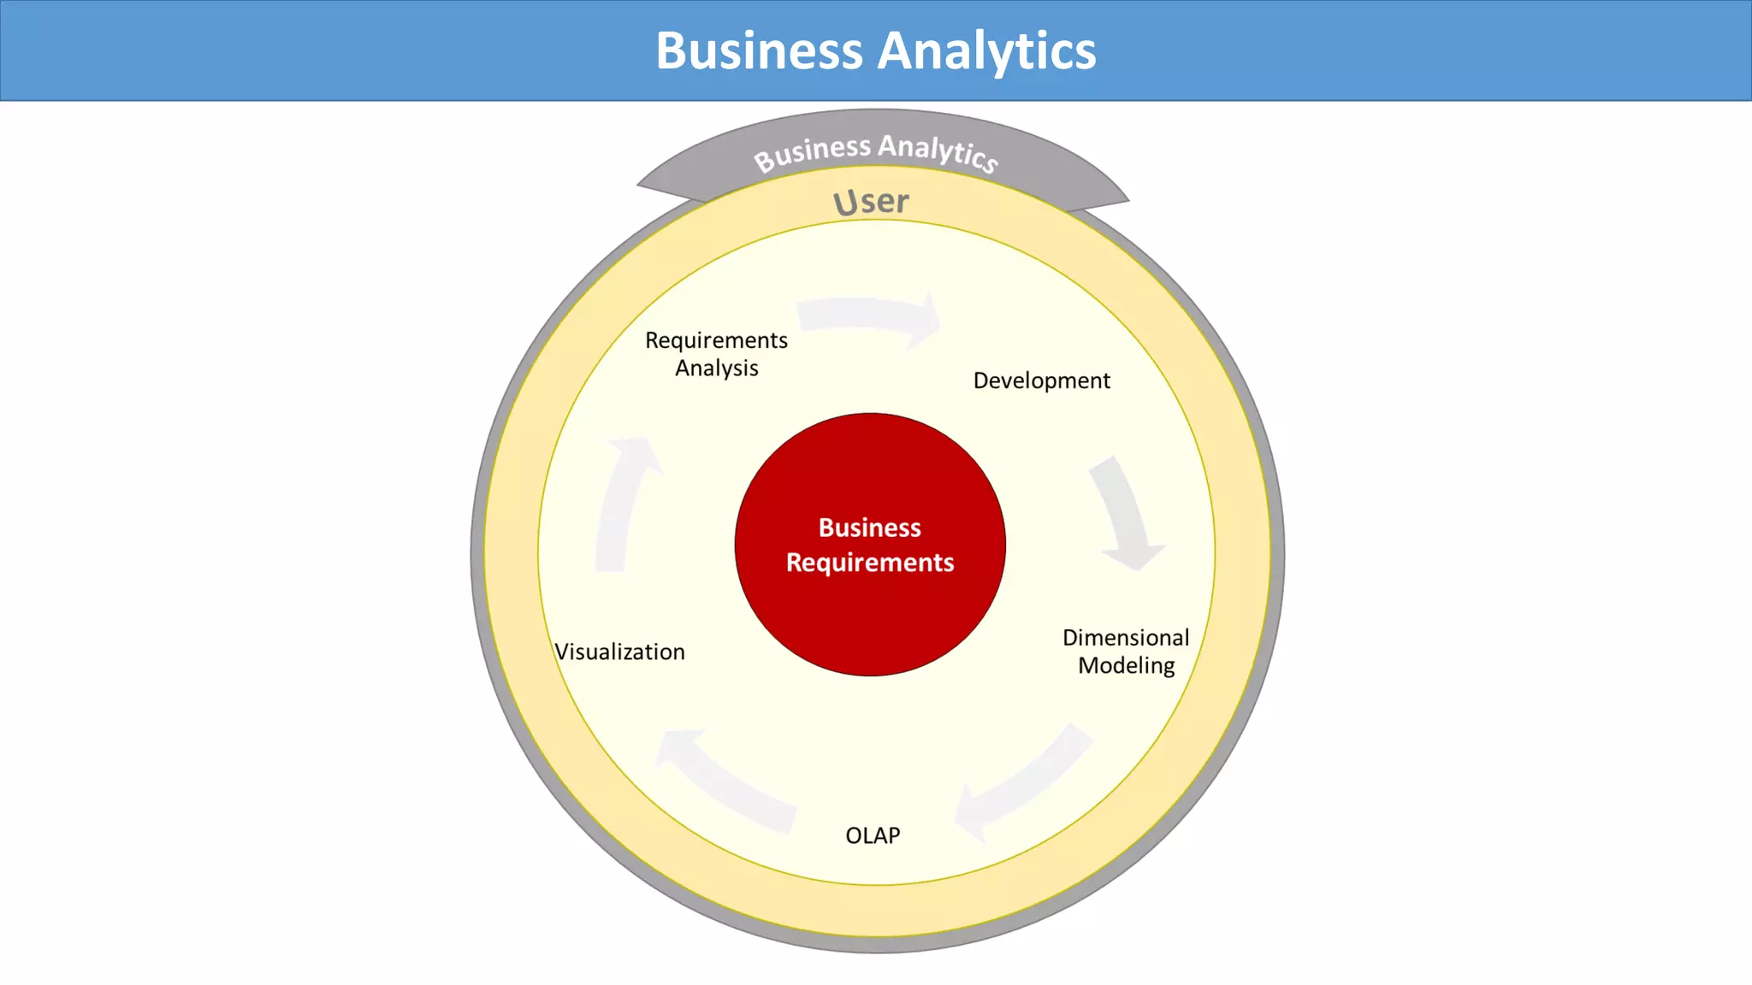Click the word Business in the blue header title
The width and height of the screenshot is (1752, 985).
coord(759,51)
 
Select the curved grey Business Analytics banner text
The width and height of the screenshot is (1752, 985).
coord(876,151)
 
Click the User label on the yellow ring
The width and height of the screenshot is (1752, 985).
coord(871,202)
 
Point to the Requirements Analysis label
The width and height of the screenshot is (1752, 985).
coord(716,354)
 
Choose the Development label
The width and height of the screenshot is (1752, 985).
coord(1041,380)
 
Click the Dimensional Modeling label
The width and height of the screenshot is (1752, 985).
coord(1126,652)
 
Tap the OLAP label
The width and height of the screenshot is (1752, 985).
coord(873,835)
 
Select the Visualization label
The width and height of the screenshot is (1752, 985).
coord(619,652)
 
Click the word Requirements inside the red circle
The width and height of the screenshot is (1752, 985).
coord(870,563)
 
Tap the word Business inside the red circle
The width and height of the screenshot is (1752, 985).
coord(870,528)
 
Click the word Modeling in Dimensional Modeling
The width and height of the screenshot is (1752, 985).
coord(1126,666)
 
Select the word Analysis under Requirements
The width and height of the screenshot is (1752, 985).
coord(716,369)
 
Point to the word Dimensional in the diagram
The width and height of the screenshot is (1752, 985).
coord(1126,638)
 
